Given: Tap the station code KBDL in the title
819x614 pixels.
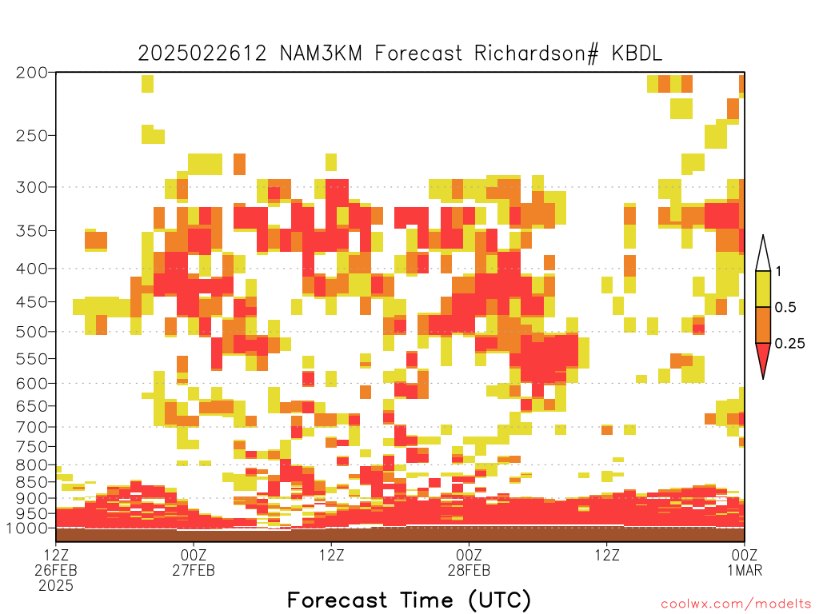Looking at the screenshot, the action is pos(637,54).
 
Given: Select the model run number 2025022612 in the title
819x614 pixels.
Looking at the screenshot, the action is pos(202,54).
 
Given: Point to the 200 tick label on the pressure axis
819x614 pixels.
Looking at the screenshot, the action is pos(32,73).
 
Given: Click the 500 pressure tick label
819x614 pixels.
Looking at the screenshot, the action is pos(32,332).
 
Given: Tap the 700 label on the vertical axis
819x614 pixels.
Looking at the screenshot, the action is pos(32,427).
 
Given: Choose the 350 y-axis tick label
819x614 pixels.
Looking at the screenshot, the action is pos(32,231).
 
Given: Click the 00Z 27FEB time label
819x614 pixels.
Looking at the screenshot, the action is pos(194,562).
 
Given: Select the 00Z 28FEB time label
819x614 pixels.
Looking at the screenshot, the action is pos(469,562).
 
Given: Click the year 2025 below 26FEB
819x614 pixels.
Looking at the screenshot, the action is pos(56,586).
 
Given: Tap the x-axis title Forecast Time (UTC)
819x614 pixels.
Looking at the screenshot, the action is pos(409,600).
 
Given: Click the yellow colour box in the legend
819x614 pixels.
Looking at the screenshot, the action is pos(763,289).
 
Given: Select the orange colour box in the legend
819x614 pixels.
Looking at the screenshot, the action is pos(763,325).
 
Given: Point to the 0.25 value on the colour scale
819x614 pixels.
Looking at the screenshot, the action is pos(789,344).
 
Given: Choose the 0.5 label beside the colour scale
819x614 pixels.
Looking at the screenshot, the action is pos(785,307).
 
